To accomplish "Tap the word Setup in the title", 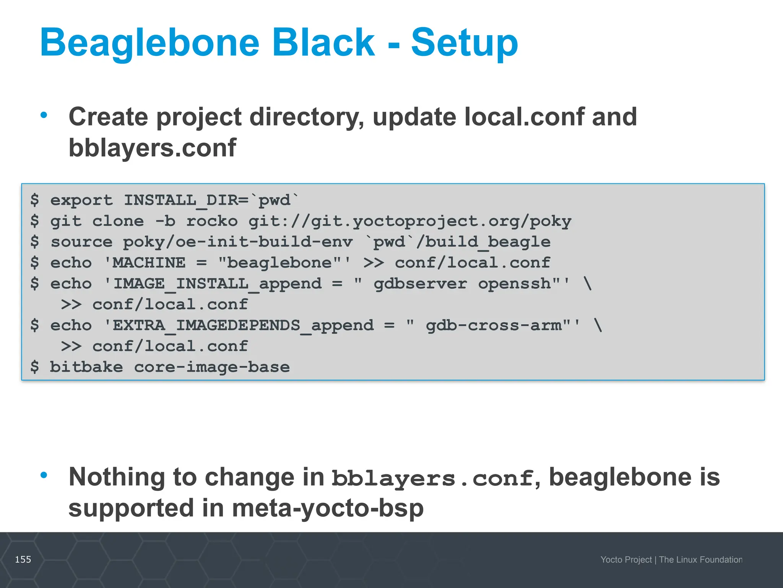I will tap(464, 43).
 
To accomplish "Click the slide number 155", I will tap(23, 560).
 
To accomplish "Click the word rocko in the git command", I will tap(212, 221).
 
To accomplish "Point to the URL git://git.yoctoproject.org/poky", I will tap(410, 221).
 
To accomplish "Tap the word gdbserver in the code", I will tap(420, 284).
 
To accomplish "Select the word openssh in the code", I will tap(515, 284).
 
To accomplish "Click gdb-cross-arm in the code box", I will tap(494, 325).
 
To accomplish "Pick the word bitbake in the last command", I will tap(86, 367).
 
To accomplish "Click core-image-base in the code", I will tap(212, 367).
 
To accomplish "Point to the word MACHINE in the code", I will tap(149, 263).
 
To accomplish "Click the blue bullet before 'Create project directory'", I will tap(44, 115).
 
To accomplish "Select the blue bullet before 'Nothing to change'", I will tap(44, 475).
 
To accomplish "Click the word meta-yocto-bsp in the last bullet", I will tap(328, 508).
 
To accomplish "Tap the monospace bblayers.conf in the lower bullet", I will tap(432, 478).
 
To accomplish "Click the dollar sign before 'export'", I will tap(35, 200).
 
